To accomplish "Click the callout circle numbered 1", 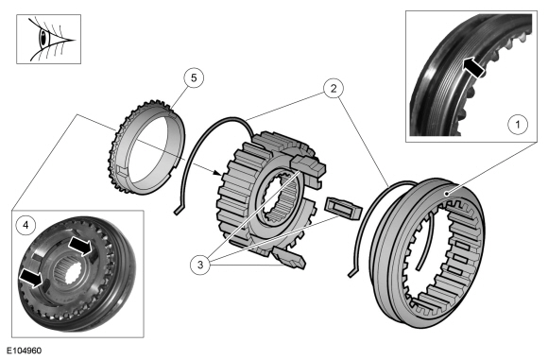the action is pyautogui.click(x=518, y=124).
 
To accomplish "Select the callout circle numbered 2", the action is pyautogui.click(x=334, y=89).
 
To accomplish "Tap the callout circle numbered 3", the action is pyautogui.click(x=200, y=265).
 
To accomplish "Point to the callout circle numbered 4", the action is pyautogui.click(x=26, y=226).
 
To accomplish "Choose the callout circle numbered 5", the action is pyautogui.click(x=194, y=77).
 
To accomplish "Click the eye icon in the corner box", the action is pyautogui.click(x=49, y=39).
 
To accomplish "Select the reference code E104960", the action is pyautogui.click(x=24, y=351).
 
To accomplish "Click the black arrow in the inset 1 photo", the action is pyautogui.click(x=473, y=66).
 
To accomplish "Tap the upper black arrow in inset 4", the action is pyautogui.click(x=79, y=246).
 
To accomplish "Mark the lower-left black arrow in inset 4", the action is pyautogui.click(x=32, y=278).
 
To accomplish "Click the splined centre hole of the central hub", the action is pyautogui.click(x=280, y=200).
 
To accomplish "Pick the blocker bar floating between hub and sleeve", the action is pyautogui.click(x=343, y=208).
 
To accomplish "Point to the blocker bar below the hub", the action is pyautogui.click(x=289, y=257).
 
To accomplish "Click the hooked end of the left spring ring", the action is pyautogui.click(x=178, y=209).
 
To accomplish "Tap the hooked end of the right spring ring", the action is pyautogui.click(x=353, y=273).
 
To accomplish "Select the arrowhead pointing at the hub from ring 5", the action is pyautogui.click(x=217, y=172).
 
